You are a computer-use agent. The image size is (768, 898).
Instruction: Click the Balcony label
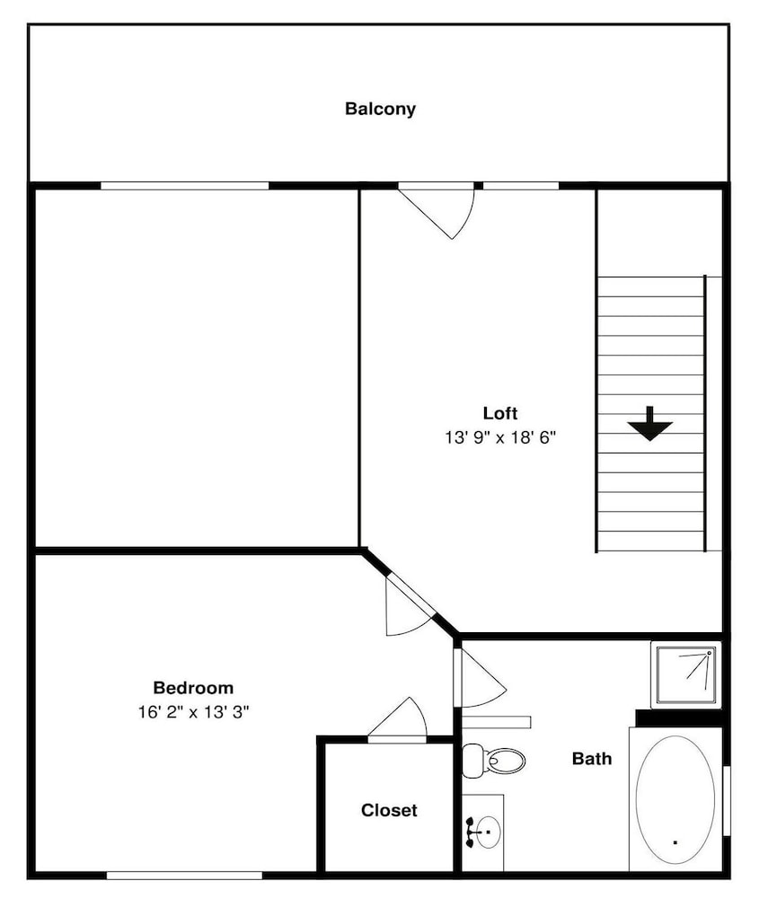380,109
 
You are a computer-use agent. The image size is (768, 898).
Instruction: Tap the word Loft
500,413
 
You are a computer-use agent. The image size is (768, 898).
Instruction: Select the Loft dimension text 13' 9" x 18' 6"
500,437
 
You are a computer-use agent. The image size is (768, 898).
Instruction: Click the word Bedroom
193,687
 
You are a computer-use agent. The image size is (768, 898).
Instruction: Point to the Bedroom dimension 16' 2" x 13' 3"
193,712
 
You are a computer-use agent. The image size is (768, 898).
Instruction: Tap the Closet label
389,810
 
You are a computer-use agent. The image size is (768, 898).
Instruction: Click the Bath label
592,759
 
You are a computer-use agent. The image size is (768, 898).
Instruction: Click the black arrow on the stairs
650,424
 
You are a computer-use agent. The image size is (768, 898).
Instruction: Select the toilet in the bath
493,761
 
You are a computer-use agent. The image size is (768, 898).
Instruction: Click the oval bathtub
675,800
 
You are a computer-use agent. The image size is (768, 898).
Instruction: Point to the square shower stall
685,674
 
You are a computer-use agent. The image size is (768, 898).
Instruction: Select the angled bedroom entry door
410,604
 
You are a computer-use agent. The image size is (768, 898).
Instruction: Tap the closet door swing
398,719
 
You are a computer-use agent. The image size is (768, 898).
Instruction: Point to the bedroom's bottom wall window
184,876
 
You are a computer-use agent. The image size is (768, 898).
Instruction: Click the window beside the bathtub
726,800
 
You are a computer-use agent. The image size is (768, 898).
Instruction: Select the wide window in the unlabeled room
184,186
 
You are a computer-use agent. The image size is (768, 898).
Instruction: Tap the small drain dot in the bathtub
675,842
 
